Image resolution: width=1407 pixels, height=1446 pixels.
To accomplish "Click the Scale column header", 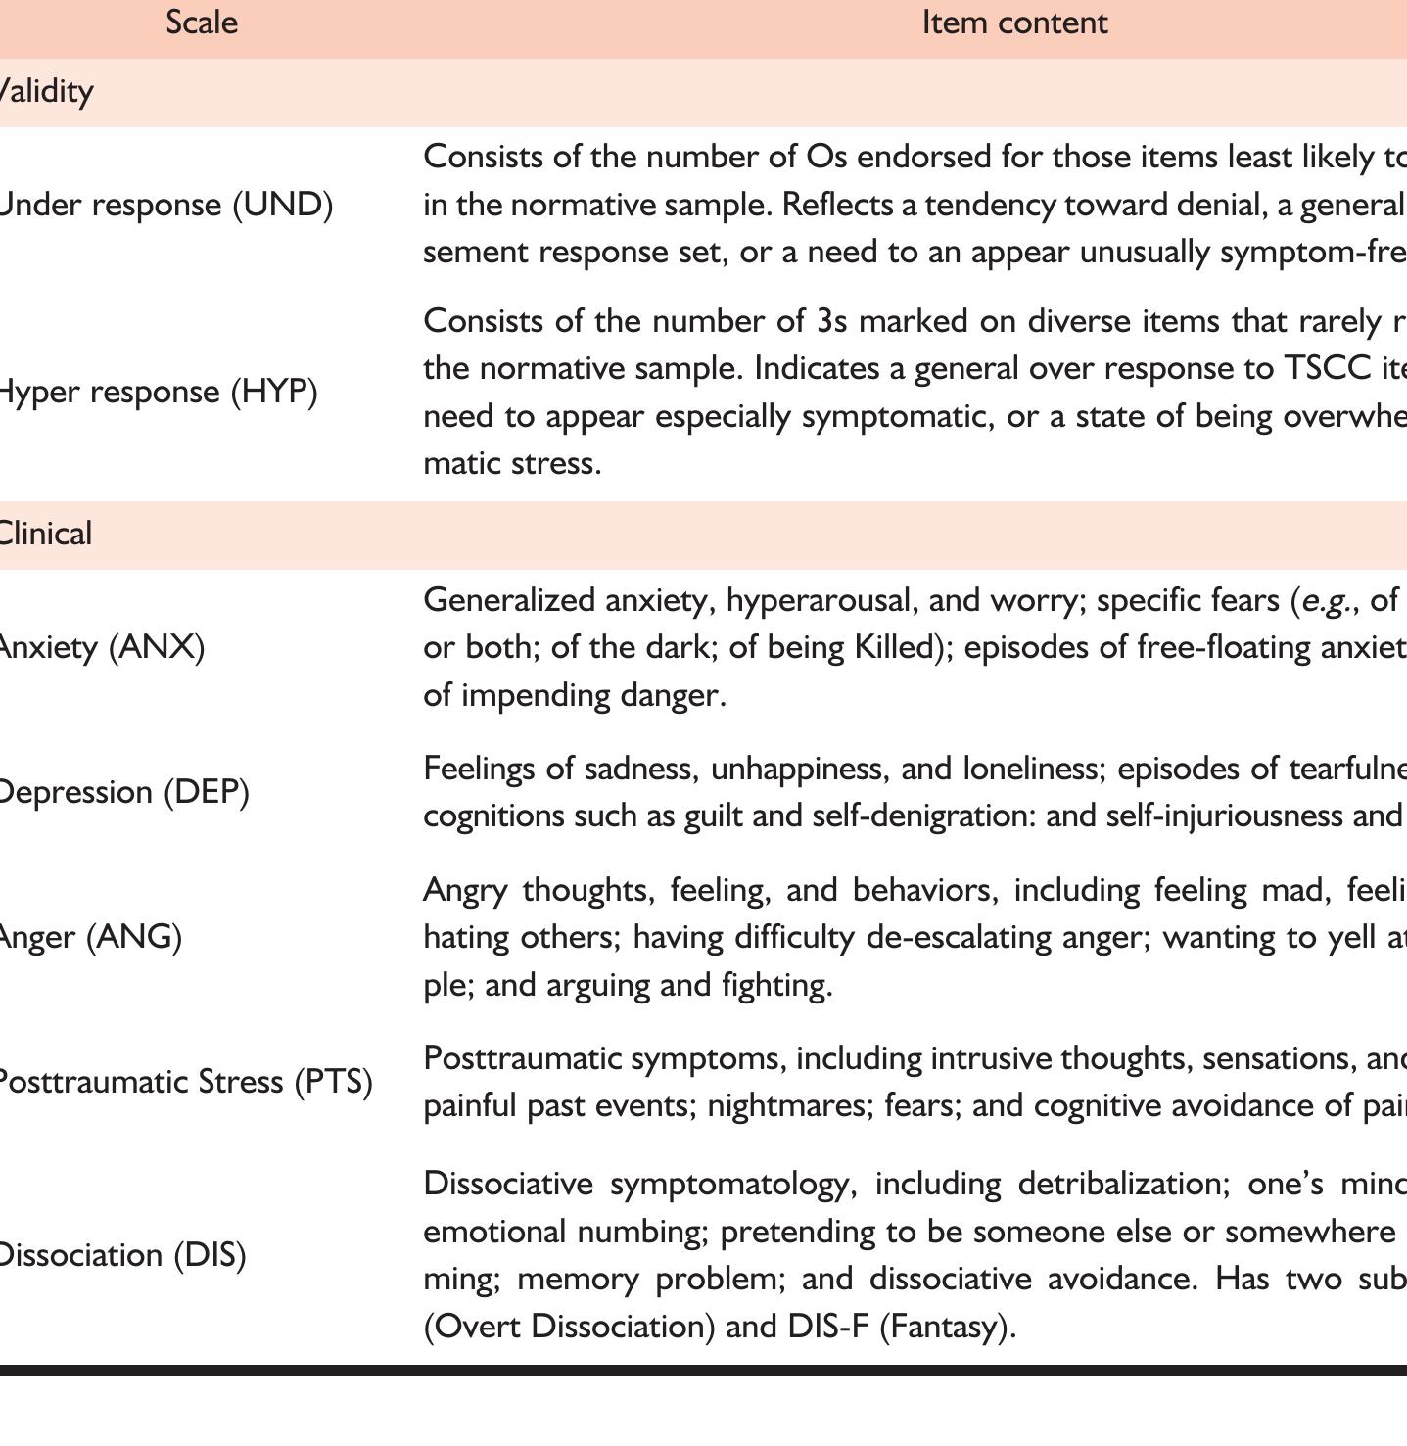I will pos(202,23).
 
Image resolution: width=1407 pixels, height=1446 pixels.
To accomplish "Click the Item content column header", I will pos(1014,23).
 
